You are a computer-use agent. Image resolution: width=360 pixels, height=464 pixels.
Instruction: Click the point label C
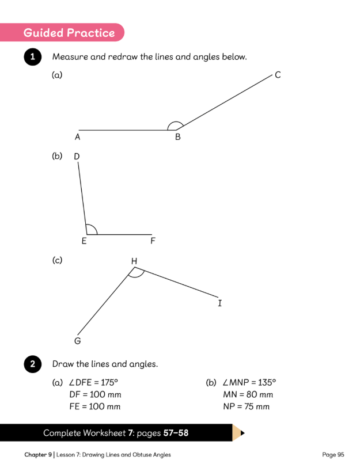click(x=278, y=75)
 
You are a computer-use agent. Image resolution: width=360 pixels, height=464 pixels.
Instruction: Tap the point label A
click(x=78, y=137)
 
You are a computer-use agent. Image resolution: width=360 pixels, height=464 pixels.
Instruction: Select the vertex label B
click(x=177, y=137)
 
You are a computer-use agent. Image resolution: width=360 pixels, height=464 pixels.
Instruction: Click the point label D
click(x=77, y=156)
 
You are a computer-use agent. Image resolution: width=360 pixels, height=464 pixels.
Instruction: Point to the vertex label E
click(x=84, y=241)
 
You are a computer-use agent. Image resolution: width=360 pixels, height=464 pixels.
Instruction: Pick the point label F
click(x=153, y=241)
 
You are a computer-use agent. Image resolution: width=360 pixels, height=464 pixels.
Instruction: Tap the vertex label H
click(x=134, y=261)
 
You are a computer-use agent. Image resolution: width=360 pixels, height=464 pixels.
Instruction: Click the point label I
click(x=219, y=303)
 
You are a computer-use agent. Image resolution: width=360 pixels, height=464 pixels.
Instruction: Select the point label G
click(x=78, y=341)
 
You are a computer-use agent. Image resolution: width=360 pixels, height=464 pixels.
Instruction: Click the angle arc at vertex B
click(x=175, y=121)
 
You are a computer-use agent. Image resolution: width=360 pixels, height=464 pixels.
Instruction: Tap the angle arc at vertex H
click(x=136, y=277)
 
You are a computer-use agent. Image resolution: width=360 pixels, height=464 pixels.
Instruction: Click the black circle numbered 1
click(x=33, y=56)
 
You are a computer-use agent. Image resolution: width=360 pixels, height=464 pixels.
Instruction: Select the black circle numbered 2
click(x=33, y=364)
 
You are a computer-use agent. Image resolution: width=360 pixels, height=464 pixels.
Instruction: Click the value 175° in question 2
click(x=109, y=382)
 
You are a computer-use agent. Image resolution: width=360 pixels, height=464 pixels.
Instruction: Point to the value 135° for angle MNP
click(x=267, y=382)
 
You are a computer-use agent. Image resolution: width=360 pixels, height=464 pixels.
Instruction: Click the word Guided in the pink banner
click(x=44, y=33)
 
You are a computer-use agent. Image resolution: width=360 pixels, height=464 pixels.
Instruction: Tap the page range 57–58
click(x=176, y=433)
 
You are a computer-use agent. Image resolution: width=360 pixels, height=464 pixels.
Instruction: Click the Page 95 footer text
click(x=333, y=455)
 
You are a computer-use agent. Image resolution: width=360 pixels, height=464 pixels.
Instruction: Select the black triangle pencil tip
click(x=242, y=433)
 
